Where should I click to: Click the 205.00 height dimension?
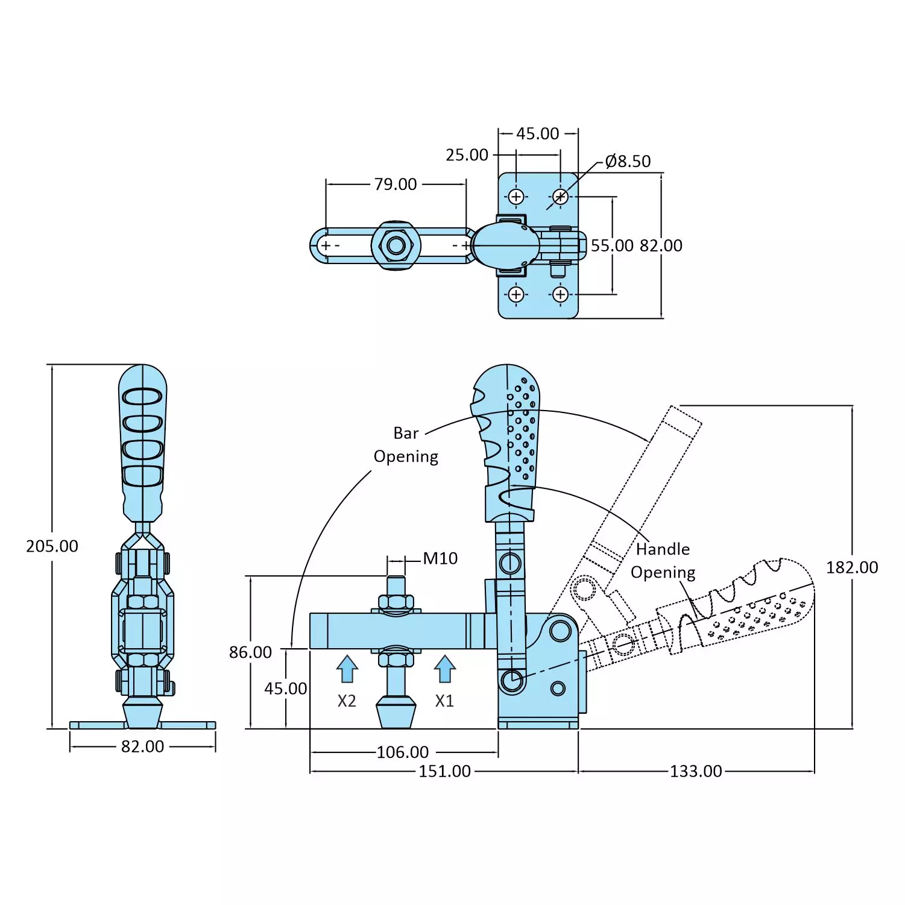52,546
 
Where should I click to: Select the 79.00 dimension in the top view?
395,184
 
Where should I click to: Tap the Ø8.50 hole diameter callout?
628,162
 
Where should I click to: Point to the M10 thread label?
440,559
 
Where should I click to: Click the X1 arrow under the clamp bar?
444,669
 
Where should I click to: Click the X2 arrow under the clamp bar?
347,669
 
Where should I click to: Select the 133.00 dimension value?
696,772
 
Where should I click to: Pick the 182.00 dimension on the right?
851,568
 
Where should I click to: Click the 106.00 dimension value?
403,752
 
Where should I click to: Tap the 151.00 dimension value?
444,772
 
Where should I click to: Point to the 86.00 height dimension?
250,652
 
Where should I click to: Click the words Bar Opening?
406,445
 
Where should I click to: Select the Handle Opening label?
663,561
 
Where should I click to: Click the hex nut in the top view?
396,246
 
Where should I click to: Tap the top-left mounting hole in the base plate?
516,197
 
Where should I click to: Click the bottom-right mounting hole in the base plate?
561,294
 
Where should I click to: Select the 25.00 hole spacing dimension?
467,156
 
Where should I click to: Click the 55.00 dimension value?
612,246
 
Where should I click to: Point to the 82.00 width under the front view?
142,747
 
